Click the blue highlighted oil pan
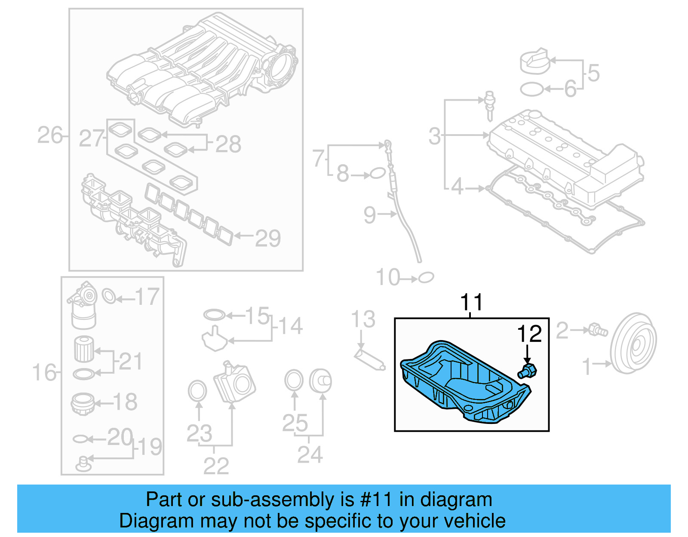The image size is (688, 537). pos(464,383)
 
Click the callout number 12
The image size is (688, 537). pos(529,334)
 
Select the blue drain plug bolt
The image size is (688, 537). pos(528,371)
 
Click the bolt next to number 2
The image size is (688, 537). pos(598,330)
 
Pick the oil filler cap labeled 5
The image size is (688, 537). pos(534,61)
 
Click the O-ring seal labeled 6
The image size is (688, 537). pos(531,89)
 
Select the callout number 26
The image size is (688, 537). pos(50,135)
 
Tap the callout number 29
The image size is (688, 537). pos(267,238)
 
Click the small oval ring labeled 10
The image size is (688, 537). pos(426,278)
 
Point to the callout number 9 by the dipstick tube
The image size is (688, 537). pos(369,215)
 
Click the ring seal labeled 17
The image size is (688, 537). pos(109,296)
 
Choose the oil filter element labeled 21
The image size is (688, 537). pos(84,349)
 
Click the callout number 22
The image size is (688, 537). pos(215,466)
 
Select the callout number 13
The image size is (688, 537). pos(363,319)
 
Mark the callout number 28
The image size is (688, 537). pos(228,144)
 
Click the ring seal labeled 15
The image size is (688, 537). pos(215,315)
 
